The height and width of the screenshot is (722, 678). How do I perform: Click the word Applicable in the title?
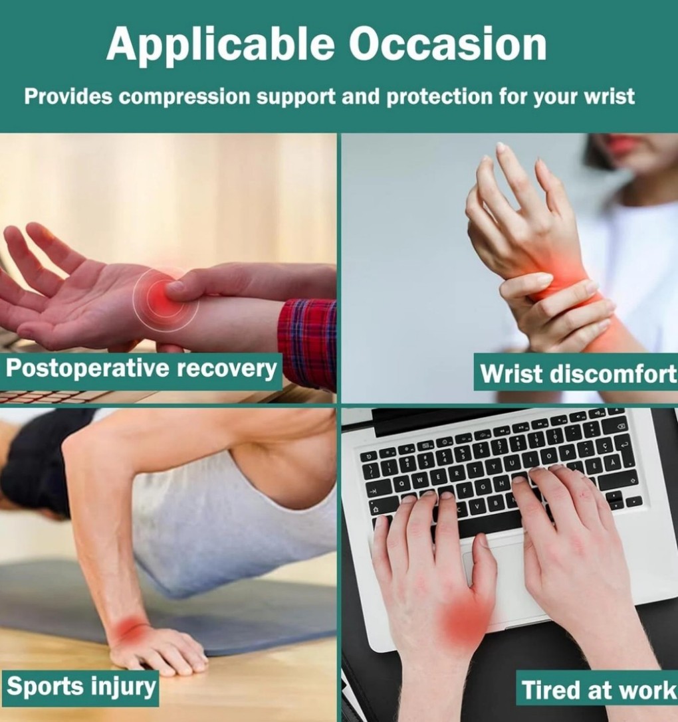coord(220,45)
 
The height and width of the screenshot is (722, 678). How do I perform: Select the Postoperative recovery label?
coord(141,369)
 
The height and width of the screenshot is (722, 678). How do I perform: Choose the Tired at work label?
coord(597,689)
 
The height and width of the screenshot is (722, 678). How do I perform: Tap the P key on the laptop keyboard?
coord(568,453)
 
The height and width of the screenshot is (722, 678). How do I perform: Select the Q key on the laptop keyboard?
coord(402,484)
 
